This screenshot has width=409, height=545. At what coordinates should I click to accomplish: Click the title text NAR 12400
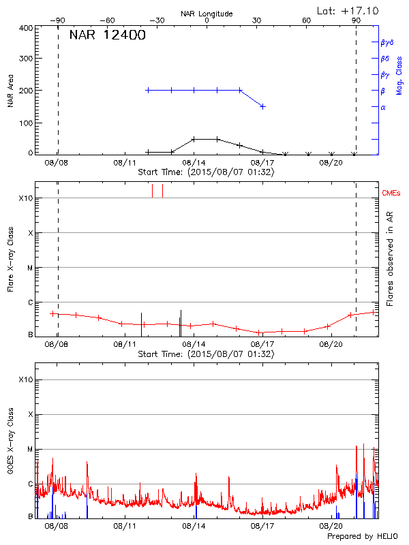(x=107, y=35)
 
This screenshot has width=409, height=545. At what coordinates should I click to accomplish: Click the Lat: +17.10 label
(x=348, y=10)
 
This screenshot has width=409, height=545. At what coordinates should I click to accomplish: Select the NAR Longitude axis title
(x=207, y=14)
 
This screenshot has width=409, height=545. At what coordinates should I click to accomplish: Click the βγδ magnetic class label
(x=387, y=42)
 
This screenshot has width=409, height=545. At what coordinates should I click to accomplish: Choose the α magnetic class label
(x=383, y=107)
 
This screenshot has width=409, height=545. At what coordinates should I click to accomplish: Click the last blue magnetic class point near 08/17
(x=263, y=107)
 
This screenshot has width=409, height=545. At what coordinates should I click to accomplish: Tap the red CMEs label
(x=392, y=194)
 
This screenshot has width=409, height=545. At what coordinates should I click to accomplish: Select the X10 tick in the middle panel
(x=26, y=198)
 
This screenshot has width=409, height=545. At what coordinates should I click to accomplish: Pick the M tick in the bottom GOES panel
(x=29, y=450)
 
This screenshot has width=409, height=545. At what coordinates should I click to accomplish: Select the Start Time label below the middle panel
(x=206, y=354)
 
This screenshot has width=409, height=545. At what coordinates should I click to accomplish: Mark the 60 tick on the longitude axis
(x=307, y=20)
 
